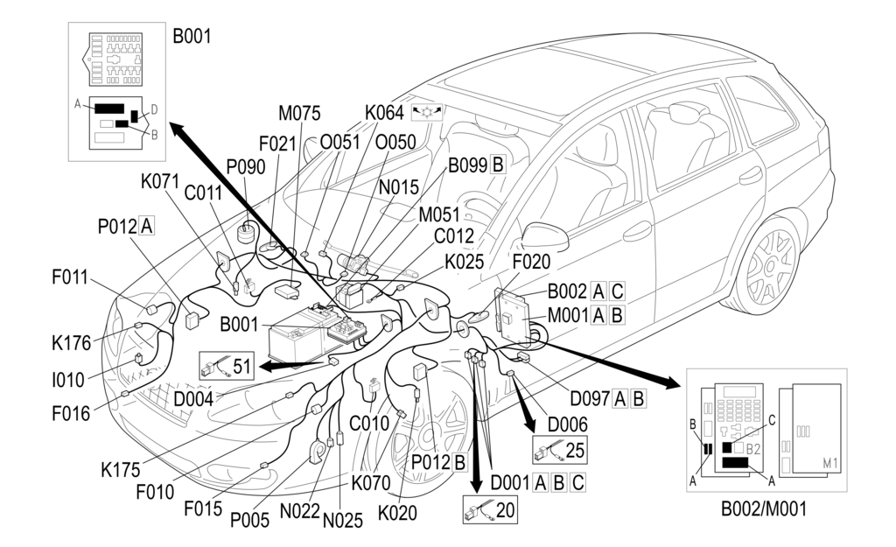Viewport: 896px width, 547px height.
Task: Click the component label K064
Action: [384, 113]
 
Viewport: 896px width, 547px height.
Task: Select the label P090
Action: [246, 166]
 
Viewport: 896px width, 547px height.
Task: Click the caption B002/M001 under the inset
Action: [764, 508]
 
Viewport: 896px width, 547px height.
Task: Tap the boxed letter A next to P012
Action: [146, 227]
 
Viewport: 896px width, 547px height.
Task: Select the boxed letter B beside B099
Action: [498, 164]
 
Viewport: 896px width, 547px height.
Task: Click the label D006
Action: [568, 424]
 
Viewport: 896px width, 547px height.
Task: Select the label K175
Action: [121, 469]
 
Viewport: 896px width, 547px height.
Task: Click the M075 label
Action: [299, 113]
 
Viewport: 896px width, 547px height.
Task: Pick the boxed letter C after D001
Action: [577, 482]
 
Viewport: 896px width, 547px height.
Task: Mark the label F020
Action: [532, 260]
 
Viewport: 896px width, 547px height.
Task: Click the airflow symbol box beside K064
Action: [427, 112]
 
